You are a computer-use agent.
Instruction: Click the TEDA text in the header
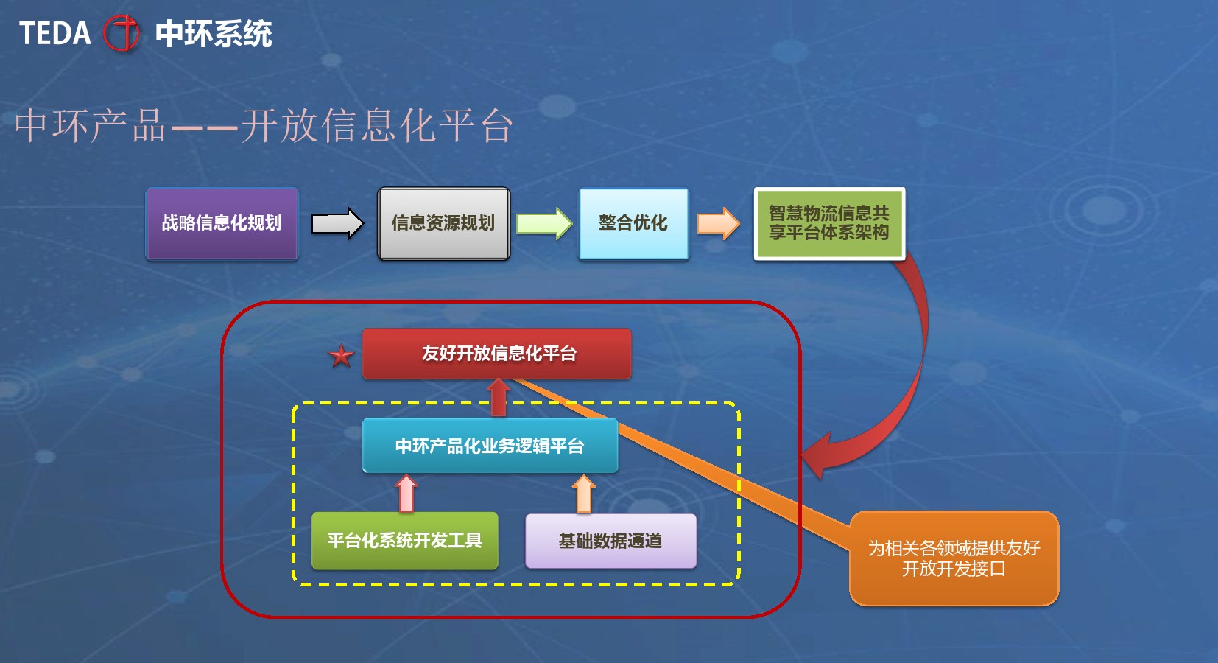click(55, 33)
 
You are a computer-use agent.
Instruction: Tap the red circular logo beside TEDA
click(122, 33)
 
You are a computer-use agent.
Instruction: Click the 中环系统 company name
click(214, 34)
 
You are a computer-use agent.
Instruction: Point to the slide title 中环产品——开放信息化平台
click(264, 126)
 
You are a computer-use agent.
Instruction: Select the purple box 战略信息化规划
click(222, 223)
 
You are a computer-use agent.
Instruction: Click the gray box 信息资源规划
click(444, 223)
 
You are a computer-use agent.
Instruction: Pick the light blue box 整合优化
click(633, 223)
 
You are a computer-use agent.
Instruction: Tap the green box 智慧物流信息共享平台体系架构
click(829, 223)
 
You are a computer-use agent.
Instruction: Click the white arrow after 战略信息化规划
click(337, 223)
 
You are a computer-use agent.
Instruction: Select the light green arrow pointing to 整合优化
click(543, 223)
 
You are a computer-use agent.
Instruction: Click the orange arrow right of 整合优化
click(718, 223)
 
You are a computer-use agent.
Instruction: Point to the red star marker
click(342, 357)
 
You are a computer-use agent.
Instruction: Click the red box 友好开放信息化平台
click(497, 354)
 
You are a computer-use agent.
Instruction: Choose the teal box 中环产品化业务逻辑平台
click(490, 446)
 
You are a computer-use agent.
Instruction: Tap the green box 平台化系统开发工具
click(404, 541)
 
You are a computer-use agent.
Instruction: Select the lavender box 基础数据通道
click(610, 541)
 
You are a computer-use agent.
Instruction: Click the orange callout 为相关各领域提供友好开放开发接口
click(954, 558)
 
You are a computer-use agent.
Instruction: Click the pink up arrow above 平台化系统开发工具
click(406, 494)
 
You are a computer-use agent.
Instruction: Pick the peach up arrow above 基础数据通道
click(584, 494)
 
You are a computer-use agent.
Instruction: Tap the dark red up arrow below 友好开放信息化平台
click(498, 398)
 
